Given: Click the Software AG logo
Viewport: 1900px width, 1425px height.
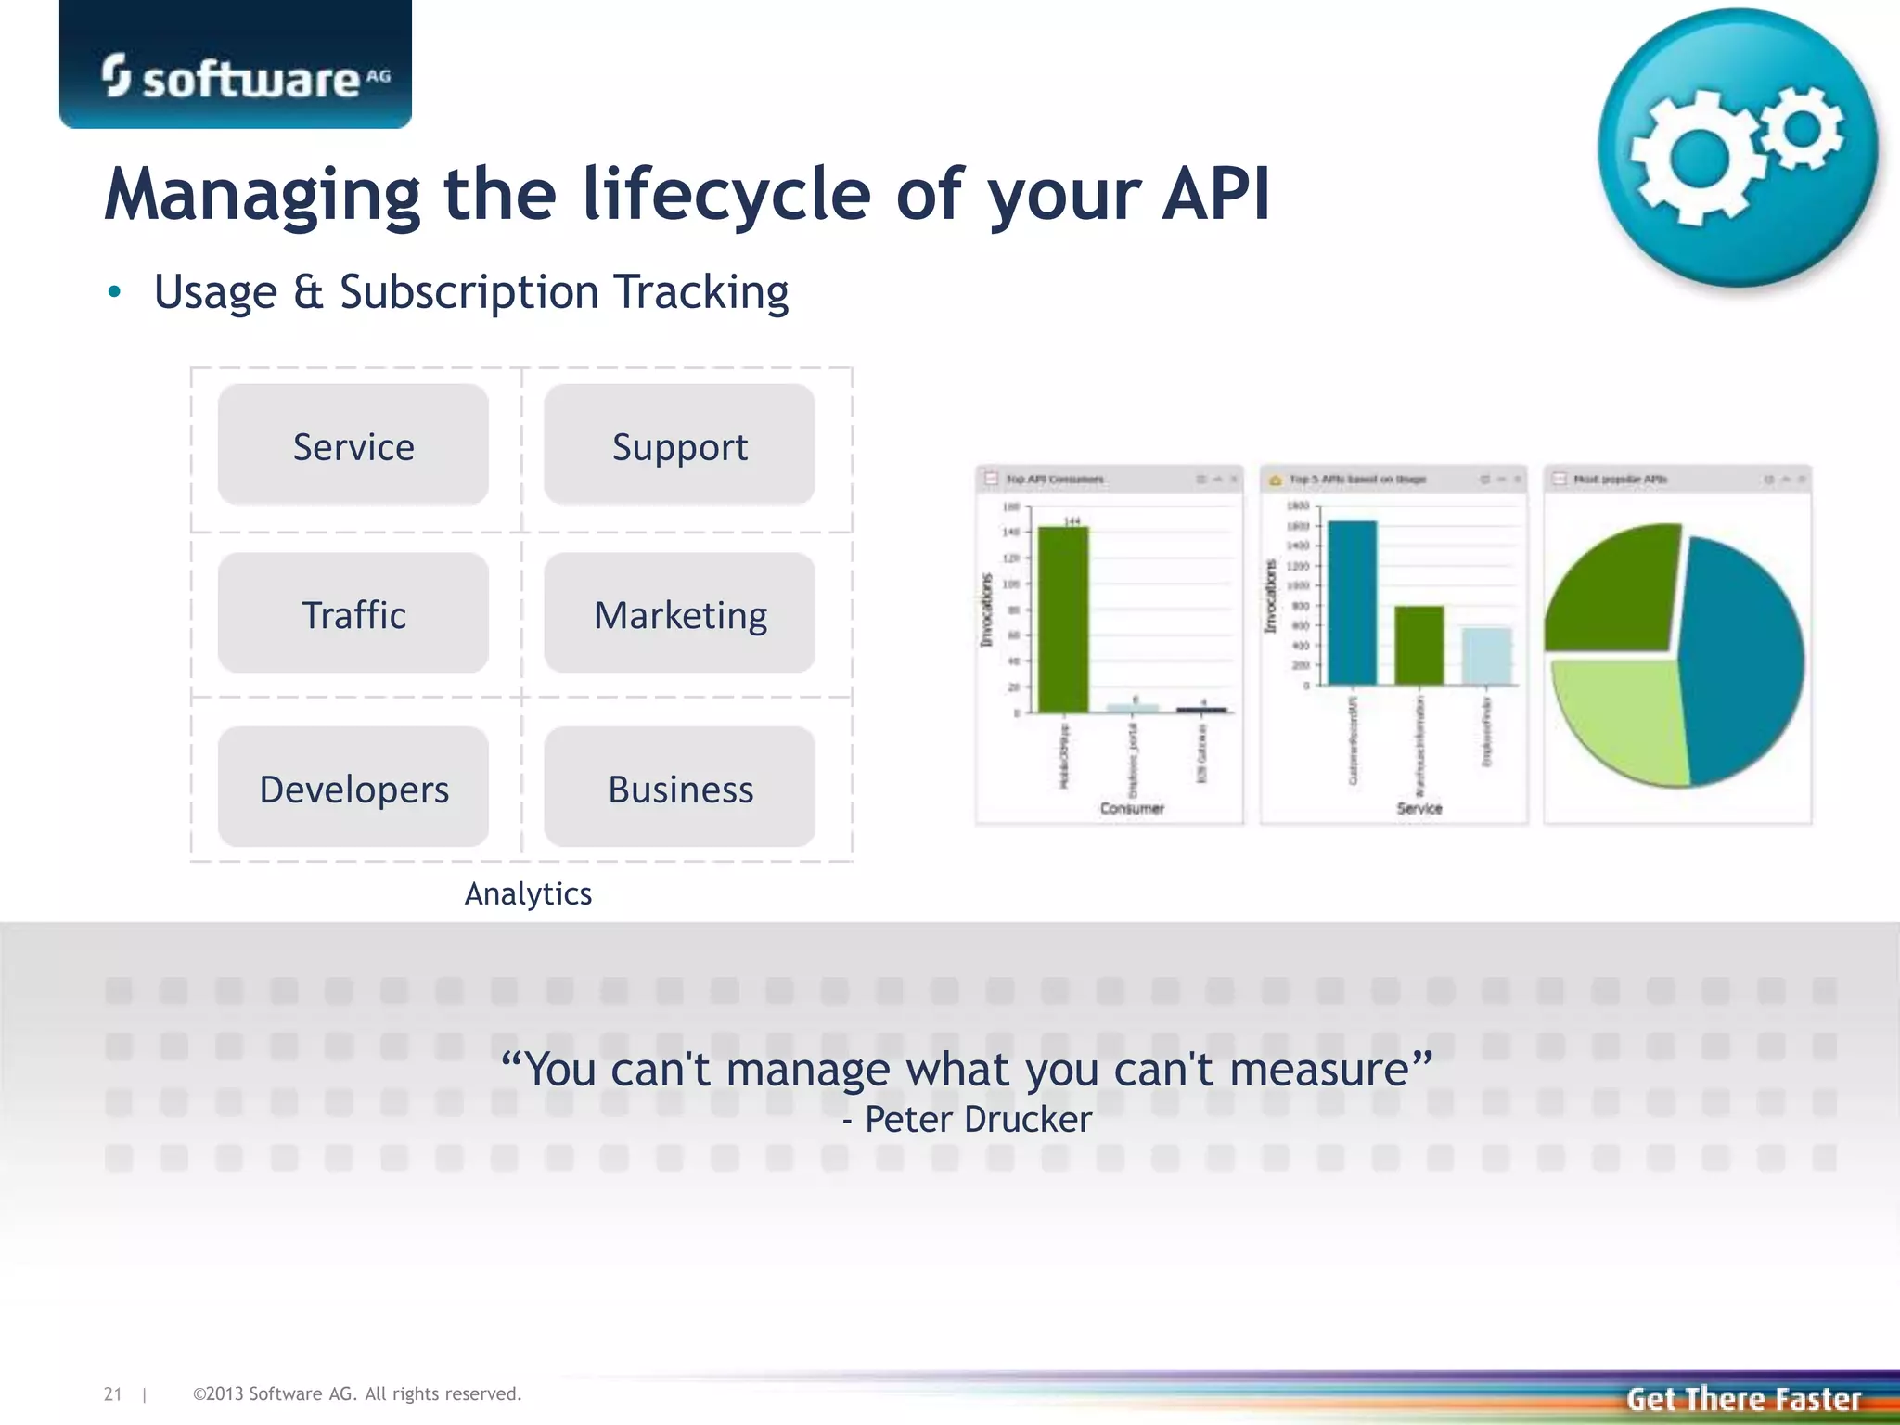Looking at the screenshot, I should click(x=246, y=77).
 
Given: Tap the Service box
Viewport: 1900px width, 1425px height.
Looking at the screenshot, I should click(x=353, y=445).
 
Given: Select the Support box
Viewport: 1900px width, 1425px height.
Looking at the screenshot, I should click(x=679, y=445).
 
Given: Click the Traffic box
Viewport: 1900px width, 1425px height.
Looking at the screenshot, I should click(x=353, y=614).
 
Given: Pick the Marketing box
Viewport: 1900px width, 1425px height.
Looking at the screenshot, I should click(x=679, y=614).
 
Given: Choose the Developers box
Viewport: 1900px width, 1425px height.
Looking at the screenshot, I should click(x=353, y=788).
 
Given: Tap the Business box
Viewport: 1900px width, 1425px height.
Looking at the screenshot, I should click(x=679, y=788).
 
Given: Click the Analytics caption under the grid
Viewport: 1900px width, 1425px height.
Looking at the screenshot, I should click(x=528, y=893).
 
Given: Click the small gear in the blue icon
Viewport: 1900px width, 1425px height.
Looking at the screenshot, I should click(x=1802, y=128).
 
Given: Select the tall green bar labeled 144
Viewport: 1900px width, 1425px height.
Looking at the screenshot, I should click(x=1063, y=620).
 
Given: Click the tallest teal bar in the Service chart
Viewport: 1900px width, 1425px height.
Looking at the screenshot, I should click(x=1352, y=603).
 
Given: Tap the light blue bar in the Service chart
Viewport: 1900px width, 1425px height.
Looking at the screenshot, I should click(x=1485, y=656).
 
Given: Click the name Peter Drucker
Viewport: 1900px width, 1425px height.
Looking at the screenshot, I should click(x=978, y=1120).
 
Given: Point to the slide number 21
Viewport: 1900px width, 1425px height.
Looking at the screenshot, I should click(x=112, y=1393).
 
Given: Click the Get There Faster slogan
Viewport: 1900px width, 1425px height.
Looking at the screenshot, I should click(x=1743, y=1398).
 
